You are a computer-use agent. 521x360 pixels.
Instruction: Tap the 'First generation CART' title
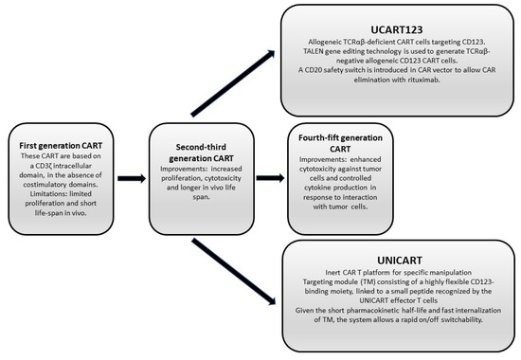coord(60,144)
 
